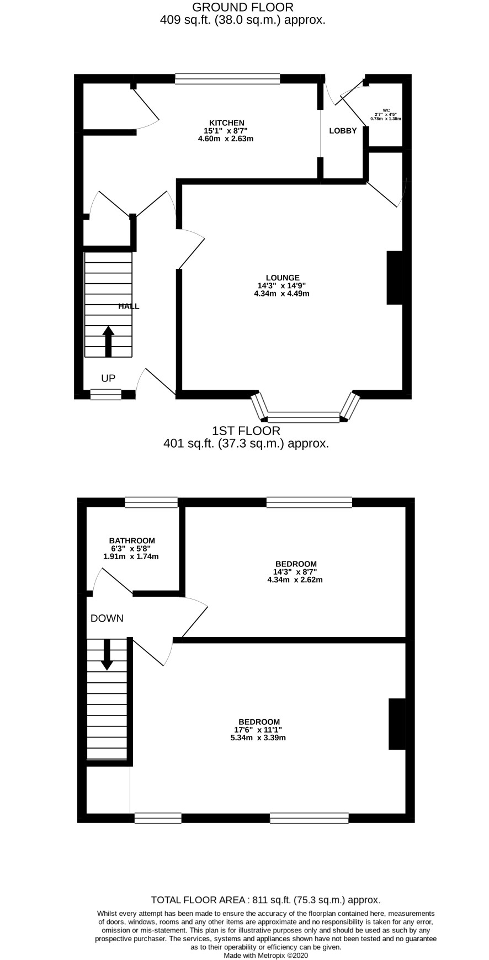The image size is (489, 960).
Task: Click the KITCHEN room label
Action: coord(226,123)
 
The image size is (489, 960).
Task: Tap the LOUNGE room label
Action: coord(283,278)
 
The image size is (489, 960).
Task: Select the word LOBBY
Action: coord(343,131)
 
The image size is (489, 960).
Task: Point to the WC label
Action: coord(385,110)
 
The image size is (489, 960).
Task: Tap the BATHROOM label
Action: coord(132,540)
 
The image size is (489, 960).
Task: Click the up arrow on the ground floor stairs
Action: coord(108,341)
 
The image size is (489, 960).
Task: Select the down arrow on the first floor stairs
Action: coord(107,655)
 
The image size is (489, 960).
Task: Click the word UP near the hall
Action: coord(108,378)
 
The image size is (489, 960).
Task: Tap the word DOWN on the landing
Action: coord(107,618)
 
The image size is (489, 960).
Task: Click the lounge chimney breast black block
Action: coord(395,278)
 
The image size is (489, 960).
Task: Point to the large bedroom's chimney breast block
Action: coord(397,724)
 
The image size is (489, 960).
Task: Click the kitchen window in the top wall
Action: coord(227,78)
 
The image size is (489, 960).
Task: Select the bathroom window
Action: coord(151,502)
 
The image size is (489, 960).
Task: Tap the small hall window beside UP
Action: coord(106,394)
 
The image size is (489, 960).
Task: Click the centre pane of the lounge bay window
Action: coord(304,417)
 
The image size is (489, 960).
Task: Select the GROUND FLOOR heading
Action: coord(243,7)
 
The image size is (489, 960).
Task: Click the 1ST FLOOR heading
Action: coord(246,431)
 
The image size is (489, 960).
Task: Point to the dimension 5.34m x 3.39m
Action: coord(258,738)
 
